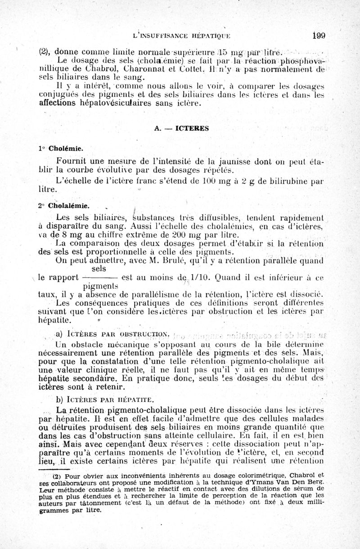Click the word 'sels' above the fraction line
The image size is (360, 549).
click(99, 269)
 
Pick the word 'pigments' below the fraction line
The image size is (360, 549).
click(101, 286)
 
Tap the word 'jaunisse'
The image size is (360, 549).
click(243, 161)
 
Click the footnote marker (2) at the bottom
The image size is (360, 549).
click(57, 475)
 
